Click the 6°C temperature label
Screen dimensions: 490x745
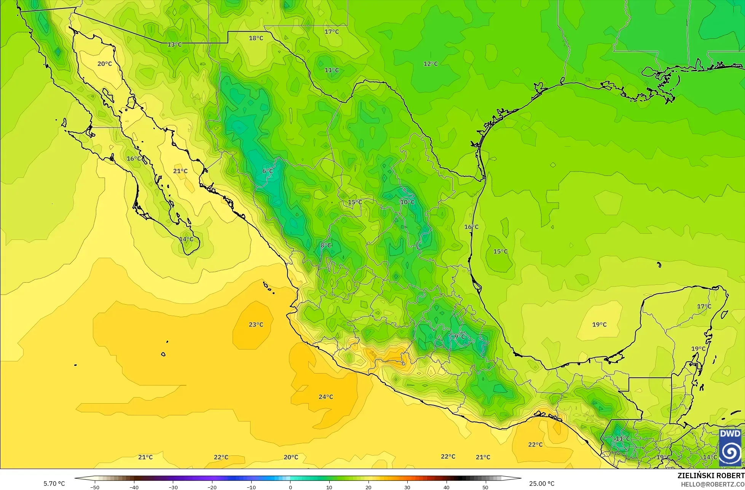coord(268,171)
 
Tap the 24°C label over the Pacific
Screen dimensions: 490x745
coord(326,397)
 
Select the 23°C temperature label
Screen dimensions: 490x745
coord(256,325)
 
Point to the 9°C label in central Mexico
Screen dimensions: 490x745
coord(459,337)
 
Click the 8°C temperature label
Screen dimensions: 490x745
coord(325,246)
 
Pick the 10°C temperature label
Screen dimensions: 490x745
coord(407,202)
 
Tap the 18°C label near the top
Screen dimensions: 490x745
coord(256,38)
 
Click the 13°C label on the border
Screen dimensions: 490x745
coord(175,45)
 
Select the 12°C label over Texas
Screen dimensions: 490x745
coord(431,64)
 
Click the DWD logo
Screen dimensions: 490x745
coord(730,448)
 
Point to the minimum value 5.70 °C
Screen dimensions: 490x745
coord(54,484)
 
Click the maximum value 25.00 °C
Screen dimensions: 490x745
coord(542,484)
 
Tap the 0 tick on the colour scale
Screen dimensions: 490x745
coord(290,487)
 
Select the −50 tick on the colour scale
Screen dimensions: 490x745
coord(95,487)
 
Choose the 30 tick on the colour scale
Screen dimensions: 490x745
coord(407,487)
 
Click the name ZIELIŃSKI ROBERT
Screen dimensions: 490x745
coord(711,476)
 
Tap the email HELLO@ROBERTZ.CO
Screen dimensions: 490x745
coord(713,484)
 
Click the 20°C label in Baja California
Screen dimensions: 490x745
coord(105,64)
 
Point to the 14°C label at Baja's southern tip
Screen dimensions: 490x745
coord(186,239)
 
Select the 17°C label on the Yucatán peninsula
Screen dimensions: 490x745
coord(704,306)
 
